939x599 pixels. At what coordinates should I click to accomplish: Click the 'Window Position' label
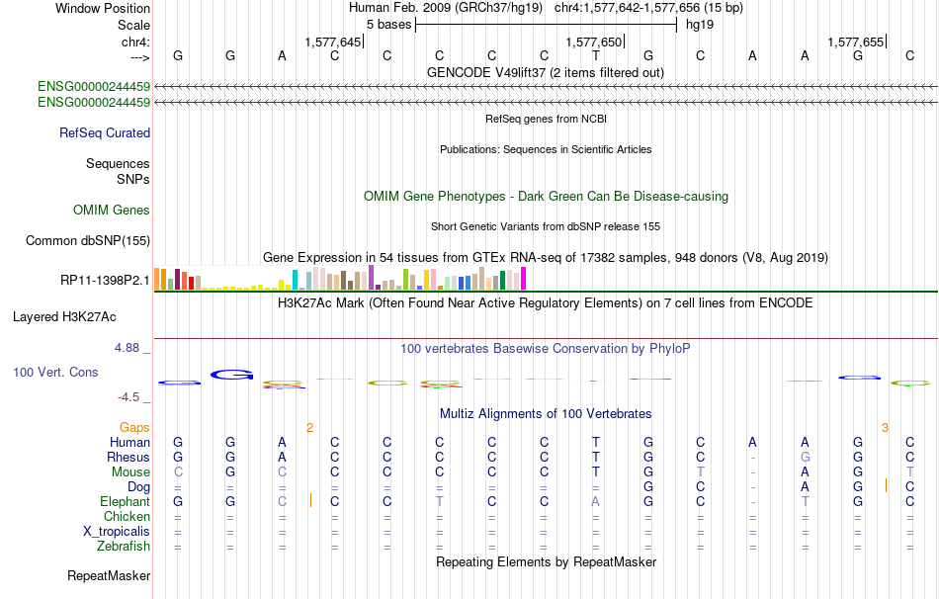click(x=103, y=8)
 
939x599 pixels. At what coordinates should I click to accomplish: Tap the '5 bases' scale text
click(x=388, y=25)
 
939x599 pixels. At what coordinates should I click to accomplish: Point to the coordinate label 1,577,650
click(x=593, y=42)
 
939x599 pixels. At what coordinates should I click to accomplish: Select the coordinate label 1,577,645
click(x=332, y=42)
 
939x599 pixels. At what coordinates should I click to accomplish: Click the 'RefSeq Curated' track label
click(x=105, y=133)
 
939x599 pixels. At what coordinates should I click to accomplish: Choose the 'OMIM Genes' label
click(x=112, y=211)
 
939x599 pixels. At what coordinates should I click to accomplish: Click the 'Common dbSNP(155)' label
click(x=88, y=241)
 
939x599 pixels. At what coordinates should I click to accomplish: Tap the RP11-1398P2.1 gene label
click(x=105, y=281)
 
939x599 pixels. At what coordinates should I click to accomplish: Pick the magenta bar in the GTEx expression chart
click(x=524, y=279)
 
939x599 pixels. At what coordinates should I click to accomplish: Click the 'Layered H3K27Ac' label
click(x=64, y=317)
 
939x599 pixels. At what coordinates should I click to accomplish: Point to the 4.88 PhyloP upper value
click(x=127, y=348)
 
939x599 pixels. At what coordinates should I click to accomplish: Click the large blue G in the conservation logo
click(x=231, y=375)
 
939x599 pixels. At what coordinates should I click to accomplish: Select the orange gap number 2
click(x=309, y=428)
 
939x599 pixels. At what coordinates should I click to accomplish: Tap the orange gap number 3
click(x=885, y=428)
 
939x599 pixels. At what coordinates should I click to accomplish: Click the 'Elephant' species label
click(x=126, y=502)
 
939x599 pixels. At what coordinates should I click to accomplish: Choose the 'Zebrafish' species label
click(x=124, y=547)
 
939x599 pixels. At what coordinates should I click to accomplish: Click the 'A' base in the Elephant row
click(x=595, y=502)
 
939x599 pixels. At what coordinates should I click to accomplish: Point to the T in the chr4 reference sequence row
click(x=596, y=55)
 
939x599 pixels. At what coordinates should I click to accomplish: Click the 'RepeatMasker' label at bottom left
click(x=109, y=576)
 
